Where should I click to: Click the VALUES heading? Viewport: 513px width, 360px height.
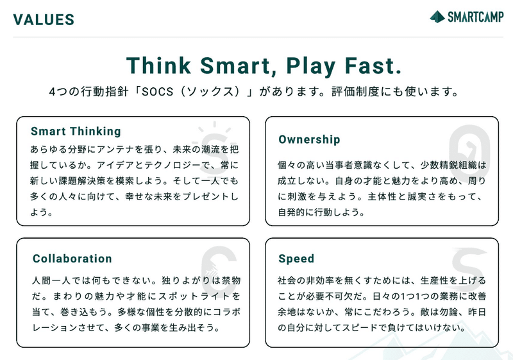[44, 20]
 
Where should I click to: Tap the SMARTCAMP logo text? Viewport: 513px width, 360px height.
[476, 17]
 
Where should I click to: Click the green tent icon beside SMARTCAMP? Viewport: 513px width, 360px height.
[437, 17]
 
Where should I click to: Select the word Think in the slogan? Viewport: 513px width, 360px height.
[158, 65]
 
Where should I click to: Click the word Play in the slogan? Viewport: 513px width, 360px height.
[311, 67]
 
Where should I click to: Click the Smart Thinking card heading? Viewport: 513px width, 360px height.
[76, 132]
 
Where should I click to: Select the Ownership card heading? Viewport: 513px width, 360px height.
[309, 139]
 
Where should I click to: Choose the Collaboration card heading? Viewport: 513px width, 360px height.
[72, 259]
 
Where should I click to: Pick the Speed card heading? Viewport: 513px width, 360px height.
[296, 259]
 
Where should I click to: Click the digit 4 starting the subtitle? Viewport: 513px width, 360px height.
[53, 92]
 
